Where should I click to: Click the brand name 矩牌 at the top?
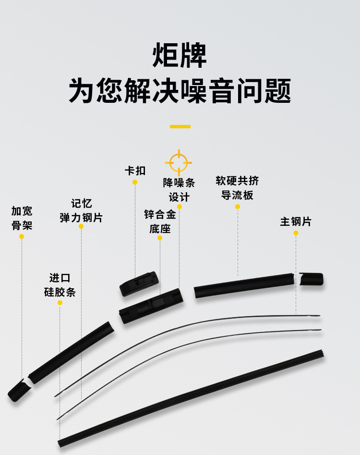pyautogui.click(x=180, y=56)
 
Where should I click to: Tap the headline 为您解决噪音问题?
pyautogui.click(x=180, y=91)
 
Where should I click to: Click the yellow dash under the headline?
pyautogui.click(x=180, y=127)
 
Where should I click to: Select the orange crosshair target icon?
pyautogui.click(x=179, y=162)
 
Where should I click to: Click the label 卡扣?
pyautogui.click(x=135, y=171)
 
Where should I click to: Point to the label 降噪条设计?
pyautogui.click(x=179, y=190)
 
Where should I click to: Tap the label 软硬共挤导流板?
pyautogui.click(x=237, y=188)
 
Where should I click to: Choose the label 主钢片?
pyautogui.click(x=296, y=221)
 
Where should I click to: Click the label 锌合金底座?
pyautogui.click(x=160, y=221)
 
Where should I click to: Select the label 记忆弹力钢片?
pyautogui.click(x=81, y=210)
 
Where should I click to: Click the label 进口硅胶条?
pyautogui.click(x=60, y=285)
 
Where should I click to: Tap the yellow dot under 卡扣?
pyautogui.click(x=135, y=182)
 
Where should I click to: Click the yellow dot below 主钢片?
pyautogui.click(x=296, y=233)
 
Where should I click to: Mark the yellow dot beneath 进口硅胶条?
pyautogui.click(x=60, y=303)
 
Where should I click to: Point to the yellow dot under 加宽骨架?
pyautogui.click(x=22, y=236)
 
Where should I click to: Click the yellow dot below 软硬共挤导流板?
pyautogui.click(x=238, y=207)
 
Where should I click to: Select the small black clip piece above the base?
pyautogui.click(x=138, y=283)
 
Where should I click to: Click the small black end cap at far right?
pyautogui.click(x=312, y=279)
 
